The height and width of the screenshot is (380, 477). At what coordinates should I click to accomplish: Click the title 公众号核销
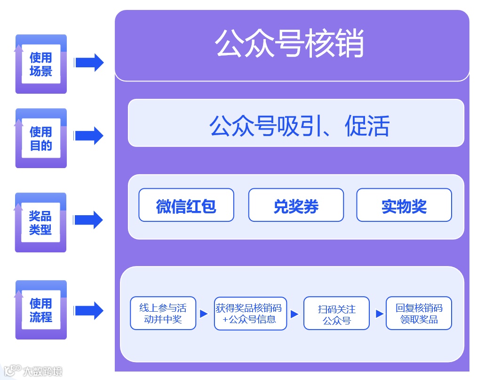(289, 44)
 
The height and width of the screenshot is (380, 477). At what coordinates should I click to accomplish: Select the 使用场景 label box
(41, 64)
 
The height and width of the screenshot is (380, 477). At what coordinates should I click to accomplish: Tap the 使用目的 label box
(41, 138)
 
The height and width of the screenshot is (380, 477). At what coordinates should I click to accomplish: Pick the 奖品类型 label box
(41, 222)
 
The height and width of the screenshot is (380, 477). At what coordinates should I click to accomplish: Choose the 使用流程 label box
(41, 310)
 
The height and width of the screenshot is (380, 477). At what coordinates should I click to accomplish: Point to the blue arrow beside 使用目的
(89, 136)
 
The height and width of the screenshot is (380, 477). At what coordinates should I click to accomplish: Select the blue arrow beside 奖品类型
(89, 220)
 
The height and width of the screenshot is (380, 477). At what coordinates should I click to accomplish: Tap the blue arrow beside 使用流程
(89, 310)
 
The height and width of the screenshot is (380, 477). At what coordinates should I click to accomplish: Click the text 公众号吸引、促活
(299, 126)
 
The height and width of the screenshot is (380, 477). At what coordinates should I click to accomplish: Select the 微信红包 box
(186, 205)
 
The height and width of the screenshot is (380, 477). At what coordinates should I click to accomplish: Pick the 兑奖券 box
(296, 205)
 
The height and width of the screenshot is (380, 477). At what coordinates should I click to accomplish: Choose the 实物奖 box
(404, 205)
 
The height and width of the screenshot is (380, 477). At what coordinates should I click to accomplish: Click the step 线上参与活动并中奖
(163, 314)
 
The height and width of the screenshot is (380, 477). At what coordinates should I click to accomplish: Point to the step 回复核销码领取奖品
(419, 314)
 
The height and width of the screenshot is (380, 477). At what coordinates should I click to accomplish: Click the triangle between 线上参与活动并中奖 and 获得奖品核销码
(204, 314)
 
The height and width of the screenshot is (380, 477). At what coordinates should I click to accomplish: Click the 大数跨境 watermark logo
(33, 371)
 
